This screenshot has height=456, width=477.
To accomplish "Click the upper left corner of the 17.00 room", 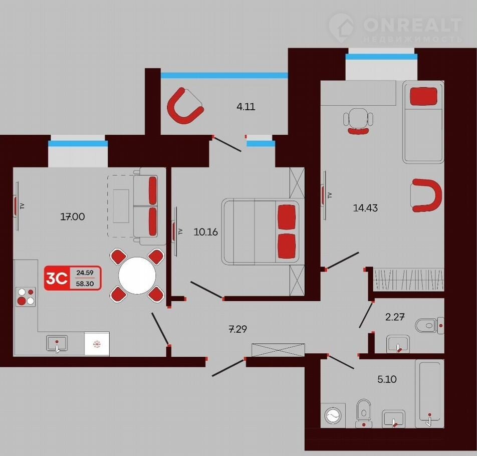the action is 13,167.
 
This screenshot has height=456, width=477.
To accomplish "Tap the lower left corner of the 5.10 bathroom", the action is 321,428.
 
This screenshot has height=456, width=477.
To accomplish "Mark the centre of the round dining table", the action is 137,276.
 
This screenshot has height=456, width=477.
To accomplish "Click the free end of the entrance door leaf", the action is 212,376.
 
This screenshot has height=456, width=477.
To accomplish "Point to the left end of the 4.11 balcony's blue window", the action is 161,76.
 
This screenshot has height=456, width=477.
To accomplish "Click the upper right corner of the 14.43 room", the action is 444,81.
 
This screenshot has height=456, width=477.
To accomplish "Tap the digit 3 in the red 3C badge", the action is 51,278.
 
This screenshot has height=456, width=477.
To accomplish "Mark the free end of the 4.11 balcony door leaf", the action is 241,151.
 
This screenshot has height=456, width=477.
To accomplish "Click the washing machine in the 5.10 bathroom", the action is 333,415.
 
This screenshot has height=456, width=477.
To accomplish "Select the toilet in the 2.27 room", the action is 429,326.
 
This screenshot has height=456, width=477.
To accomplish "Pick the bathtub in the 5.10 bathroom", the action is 429,394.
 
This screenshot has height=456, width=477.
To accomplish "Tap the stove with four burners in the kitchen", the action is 26,297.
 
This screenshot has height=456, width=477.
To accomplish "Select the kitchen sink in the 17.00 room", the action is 57,344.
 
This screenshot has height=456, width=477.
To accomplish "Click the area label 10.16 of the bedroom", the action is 205,232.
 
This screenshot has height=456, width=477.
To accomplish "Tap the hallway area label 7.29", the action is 237,329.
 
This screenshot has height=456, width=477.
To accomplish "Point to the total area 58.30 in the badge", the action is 85,284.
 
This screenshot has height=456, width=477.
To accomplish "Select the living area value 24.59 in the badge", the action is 85,273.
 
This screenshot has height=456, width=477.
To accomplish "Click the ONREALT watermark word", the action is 412,25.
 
